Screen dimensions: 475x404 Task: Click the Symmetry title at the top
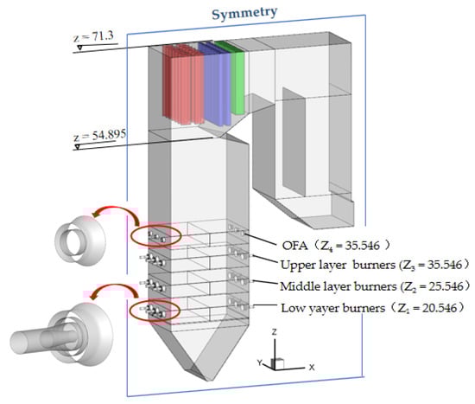pyautogui.click(x=244, y=13)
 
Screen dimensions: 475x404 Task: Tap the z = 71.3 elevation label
pyautogui.click(x=93, y=36)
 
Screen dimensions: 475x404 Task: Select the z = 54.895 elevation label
pyautogui.click(x=99, y=135)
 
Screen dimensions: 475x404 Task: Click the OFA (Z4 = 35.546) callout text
pyautogui.click(x=336, y=245)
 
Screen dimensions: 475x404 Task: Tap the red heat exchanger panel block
pyautogui.click(x=183, y=84)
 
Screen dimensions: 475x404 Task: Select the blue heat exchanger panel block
pyautogui.click(x=216, y=85)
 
